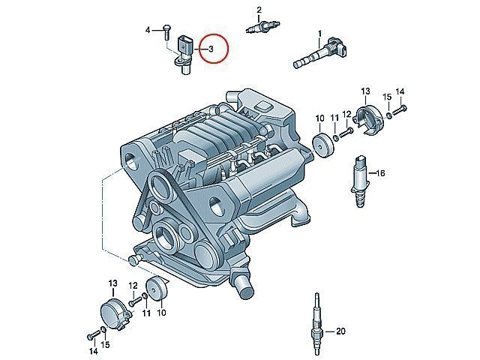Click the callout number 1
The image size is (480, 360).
(320, 33)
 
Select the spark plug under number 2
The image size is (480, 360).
(263, 26)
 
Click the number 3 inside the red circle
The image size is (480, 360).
(211, 49)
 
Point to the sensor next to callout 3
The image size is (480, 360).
(183, 55)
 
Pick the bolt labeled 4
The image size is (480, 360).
(167, 31)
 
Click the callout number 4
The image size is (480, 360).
(148, 30)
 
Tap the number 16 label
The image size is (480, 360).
(380, 173)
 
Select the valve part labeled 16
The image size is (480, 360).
(360, 181)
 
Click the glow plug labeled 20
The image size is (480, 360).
(317, 325)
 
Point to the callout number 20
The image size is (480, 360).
(340, 331)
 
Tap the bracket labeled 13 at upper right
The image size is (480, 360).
(368, 119)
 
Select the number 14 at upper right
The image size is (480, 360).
(400, 91)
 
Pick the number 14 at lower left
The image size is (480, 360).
(94, 352)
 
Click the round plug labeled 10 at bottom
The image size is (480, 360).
(157, 289)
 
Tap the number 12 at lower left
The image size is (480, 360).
(133, 286)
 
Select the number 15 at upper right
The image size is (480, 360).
(387, 97)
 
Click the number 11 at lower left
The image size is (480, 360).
(147, 313)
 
